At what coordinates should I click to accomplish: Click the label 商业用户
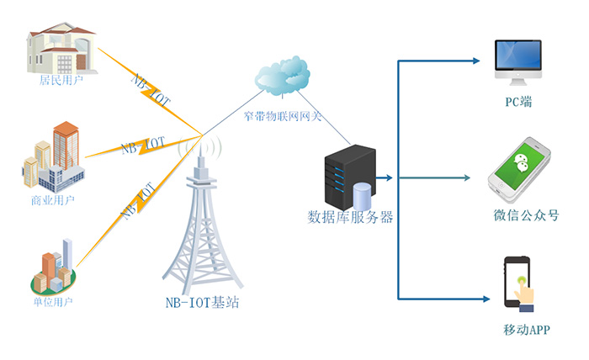pyautogui.click(x=53, y=201)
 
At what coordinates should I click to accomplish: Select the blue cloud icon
pyautogui.click(x=282, y=77)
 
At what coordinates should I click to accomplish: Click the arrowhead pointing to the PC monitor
pyautogui.click(x=475, y=60)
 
